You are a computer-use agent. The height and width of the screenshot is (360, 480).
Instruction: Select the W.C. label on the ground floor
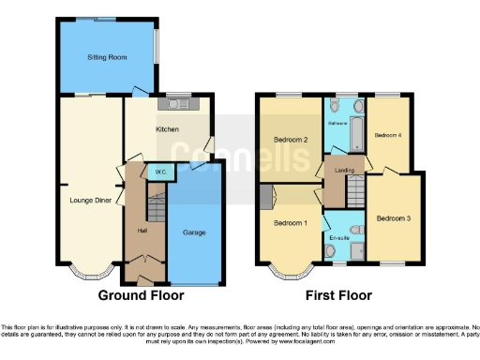point(160,172)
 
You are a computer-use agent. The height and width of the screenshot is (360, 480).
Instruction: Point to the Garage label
point(194,232)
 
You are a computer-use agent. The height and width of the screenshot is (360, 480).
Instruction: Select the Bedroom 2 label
point(291,140)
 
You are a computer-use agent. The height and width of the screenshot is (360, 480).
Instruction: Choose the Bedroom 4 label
point(388,135)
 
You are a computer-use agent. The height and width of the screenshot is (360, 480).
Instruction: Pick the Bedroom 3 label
point(394,218)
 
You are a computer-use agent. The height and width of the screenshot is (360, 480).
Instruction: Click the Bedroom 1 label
point(290,223)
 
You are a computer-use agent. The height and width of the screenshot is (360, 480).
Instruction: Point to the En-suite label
point(341,238)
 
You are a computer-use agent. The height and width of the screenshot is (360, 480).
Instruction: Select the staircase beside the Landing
point(354,194)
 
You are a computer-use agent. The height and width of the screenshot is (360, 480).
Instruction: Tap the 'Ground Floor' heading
point(140,296)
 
